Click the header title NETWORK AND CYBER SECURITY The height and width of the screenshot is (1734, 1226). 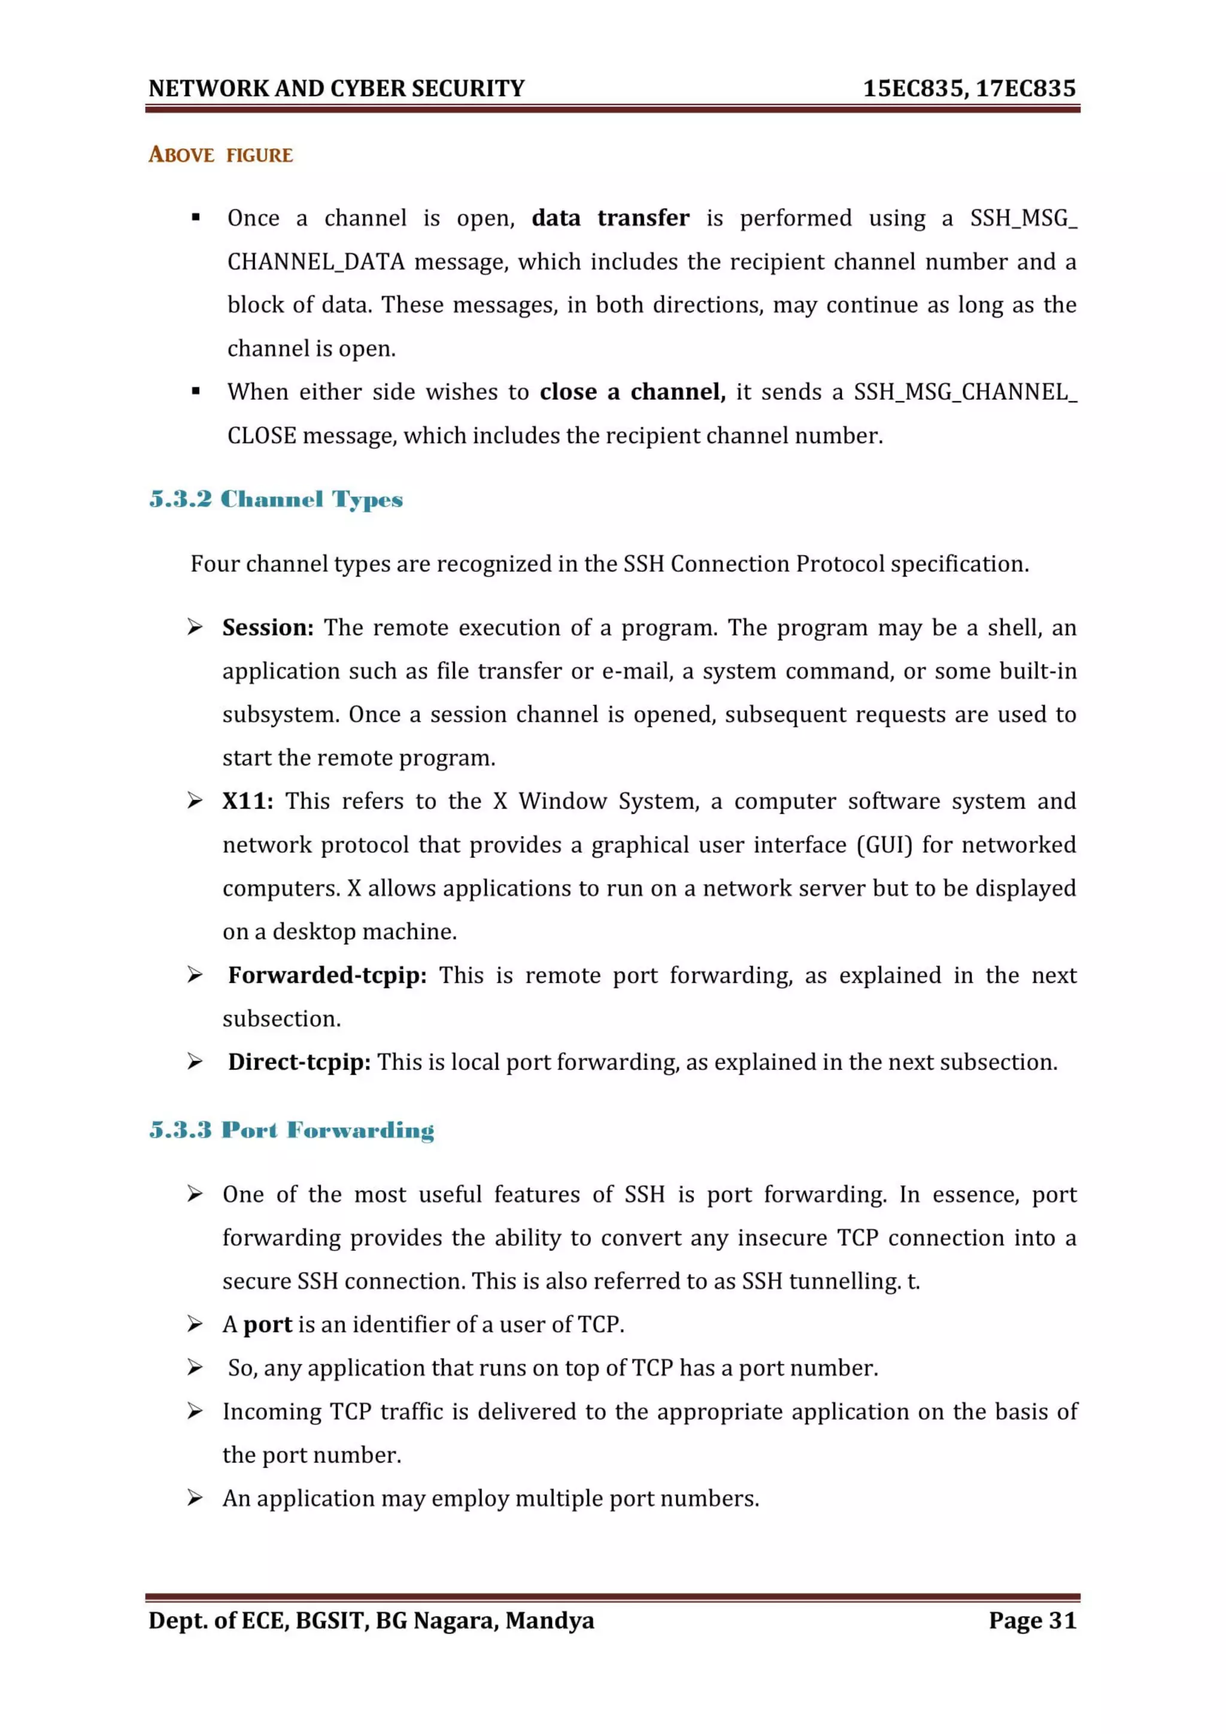click(x=336, y=89)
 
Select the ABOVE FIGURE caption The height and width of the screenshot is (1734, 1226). click(x=220, y=155)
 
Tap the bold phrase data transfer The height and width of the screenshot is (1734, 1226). click(x=610, y=219)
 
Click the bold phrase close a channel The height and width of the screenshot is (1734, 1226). click(x=632, y=392)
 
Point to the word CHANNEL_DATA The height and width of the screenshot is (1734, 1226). click(x=316, y=262)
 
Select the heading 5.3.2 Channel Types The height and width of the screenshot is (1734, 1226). click(x=277, y=499)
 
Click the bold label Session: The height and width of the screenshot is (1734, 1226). click(x=267, y=627)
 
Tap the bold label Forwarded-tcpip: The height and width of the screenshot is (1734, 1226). click(x=327, y=975)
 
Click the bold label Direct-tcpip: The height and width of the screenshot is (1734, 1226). click(x=299, y=1062)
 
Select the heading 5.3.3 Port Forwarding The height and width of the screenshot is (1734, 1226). click(x=292, y=1130)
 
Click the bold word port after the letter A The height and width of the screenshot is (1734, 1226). click(x=267, y=1324)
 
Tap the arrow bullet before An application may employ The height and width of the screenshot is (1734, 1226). click(x=195, y=1497)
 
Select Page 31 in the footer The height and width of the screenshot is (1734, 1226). click(x=1032, y=1620)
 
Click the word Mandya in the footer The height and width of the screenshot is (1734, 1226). click(x=550, y=1620)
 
